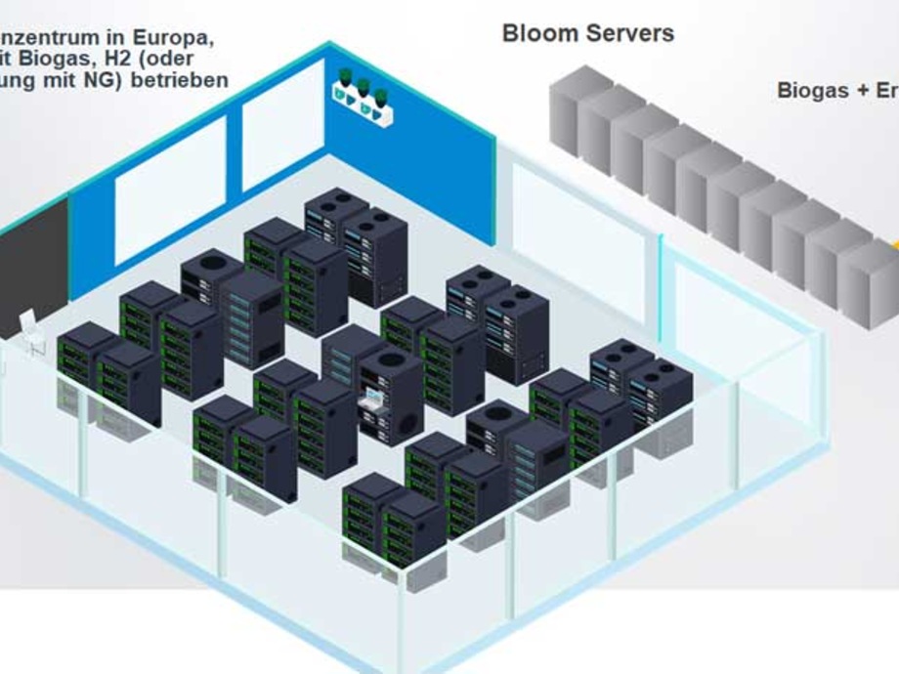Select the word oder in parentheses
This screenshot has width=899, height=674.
pos(190,59)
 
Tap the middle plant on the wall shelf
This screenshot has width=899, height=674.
pos(363,91)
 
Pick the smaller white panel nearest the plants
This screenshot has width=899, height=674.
pos(283,125)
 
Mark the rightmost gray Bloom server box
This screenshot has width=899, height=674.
pos(869,282)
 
